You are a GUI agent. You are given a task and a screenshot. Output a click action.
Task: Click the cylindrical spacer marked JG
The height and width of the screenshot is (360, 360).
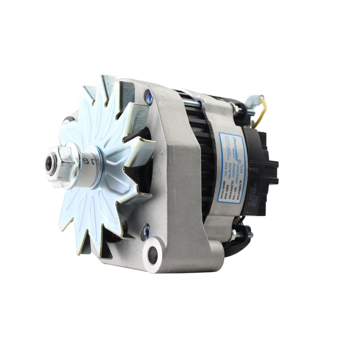tap(90, 161)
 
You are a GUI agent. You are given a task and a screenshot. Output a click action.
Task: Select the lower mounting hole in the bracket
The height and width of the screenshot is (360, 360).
tap(153, 255)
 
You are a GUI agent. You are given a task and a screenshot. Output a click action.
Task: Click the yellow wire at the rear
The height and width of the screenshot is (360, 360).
tap(261, 112)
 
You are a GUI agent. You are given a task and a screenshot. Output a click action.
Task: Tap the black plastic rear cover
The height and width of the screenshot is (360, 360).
tap(261, 171)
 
